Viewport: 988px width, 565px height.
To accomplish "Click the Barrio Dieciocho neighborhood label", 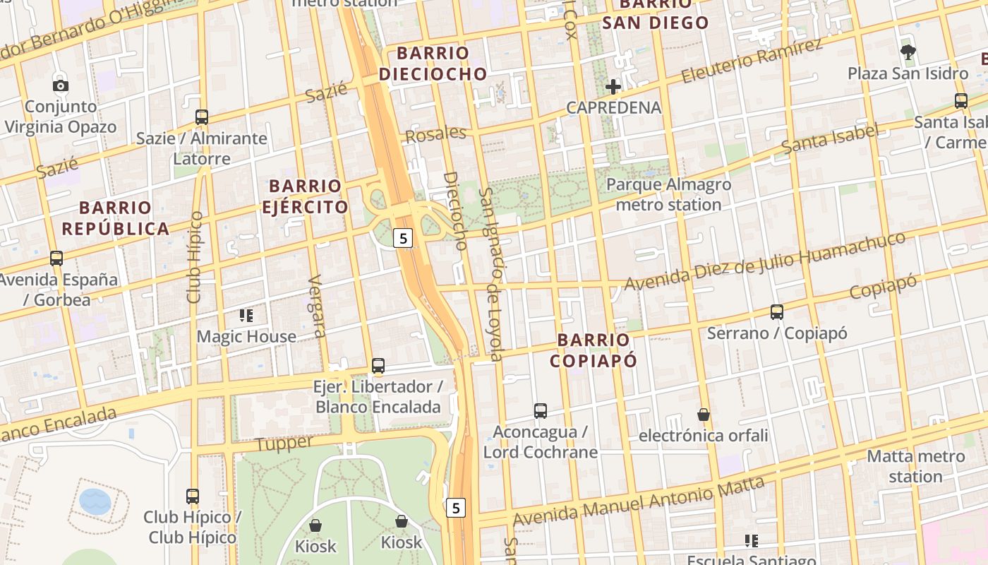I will click(433, 64).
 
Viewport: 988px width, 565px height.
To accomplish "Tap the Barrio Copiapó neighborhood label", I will click(593, 350).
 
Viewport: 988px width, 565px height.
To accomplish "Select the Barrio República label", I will click(115, 218).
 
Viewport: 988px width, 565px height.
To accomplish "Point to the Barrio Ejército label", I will click(306, 196).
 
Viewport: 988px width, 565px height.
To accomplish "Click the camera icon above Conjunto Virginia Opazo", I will click(61, 85).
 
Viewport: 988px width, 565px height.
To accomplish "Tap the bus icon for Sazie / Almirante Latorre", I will click(202, 117).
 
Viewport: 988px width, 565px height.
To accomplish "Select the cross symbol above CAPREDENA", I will click(613, 87).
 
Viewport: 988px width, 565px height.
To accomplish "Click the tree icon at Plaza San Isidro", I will click(908, 52).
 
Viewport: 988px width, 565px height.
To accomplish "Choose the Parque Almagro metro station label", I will click(668, 195).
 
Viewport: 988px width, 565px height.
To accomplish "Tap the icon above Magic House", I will click(246, 315).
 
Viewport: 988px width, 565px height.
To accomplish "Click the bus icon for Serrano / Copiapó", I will click(777, 311).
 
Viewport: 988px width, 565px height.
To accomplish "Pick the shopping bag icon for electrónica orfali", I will click(703, 414).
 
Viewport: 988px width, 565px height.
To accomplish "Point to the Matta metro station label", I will click(915, 466).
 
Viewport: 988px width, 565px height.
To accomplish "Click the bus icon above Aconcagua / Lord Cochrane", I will click(541, 410).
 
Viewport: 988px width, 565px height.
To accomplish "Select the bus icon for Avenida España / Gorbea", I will click(56, 258).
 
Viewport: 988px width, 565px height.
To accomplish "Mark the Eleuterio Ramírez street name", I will click(752, 61).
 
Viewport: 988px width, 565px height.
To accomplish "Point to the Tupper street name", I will click(284, 444).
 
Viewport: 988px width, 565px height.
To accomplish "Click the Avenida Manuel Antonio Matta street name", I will click(639, 502).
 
